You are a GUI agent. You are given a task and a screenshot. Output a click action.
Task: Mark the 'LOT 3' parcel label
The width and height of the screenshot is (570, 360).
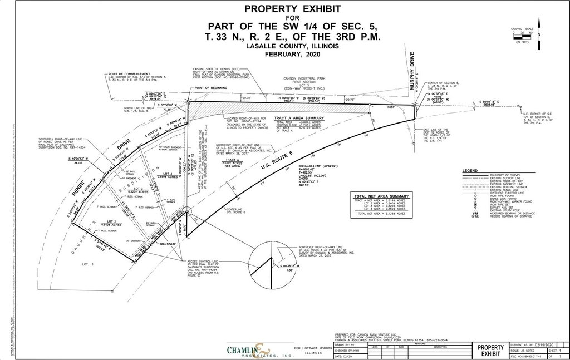click(x=139, y=189)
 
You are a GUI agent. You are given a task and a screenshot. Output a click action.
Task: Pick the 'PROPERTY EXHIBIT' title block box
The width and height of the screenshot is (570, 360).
click(x=490, y=350)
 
